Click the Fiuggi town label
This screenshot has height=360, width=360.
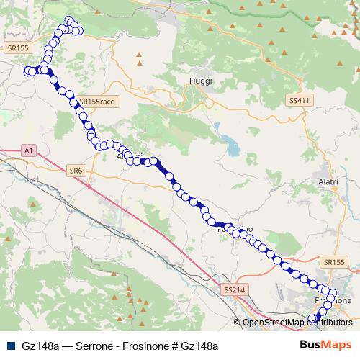coord(200,81)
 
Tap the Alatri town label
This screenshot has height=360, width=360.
coord(328,182)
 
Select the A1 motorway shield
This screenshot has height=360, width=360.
coord(28,151)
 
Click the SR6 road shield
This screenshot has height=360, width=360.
coord(76,171)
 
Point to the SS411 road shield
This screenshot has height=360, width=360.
coord(298,100)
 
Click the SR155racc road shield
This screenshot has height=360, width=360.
coord(96,102)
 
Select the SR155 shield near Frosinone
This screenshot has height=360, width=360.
coord(335,264)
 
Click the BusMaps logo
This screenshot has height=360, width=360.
coord(321,345)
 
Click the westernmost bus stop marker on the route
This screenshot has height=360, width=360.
coord(27,71)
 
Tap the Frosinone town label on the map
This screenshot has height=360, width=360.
coord(333,300)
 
